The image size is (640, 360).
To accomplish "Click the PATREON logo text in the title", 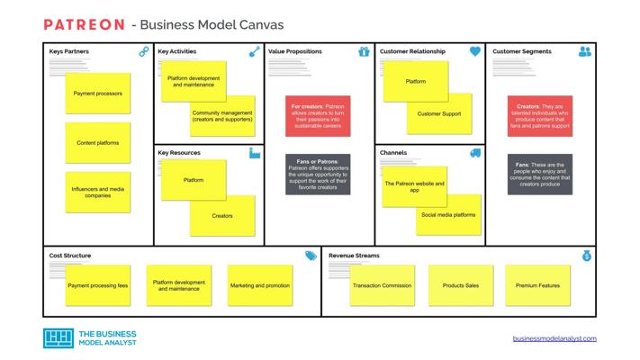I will coord(83,24).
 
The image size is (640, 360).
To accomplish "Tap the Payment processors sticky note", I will coord(98,94).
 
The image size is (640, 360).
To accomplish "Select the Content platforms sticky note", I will coord(98,143).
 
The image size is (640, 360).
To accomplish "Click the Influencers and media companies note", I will coord(98,193).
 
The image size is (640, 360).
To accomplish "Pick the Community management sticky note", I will coord(222,117).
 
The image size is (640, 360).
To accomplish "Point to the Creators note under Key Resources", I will coord(222,216).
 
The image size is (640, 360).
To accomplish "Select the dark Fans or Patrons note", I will coord(318,175).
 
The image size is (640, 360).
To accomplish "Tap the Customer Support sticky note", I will coord(439,114).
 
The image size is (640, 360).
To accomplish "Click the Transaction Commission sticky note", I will coord(383,285).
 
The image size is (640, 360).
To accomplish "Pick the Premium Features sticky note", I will coord(537,285).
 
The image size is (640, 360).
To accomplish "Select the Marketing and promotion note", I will coord(260,285).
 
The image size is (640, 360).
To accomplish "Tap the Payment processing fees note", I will coord(98,285).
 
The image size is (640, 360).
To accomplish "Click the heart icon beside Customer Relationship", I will coord(475,52).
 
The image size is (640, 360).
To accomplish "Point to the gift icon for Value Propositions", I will coord(364,52).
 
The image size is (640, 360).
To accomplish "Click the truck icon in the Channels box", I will coord(475,153).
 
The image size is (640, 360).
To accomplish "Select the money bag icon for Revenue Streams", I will coord(586,256).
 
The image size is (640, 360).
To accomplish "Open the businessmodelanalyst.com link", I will coord(554,338).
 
